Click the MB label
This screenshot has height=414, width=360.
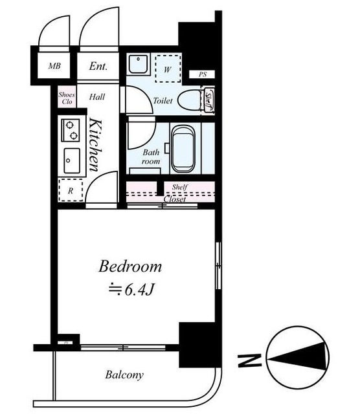point(54,66)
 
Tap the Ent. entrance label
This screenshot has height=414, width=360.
point(98,66)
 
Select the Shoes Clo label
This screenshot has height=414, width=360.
point(67,98)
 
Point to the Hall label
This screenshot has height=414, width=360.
point(97,97)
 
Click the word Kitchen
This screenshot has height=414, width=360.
point(95,145)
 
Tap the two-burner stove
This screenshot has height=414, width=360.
point(71,130)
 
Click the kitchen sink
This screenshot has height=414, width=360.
point(72,161)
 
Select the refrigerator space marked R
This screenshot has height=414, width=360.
point(71,190)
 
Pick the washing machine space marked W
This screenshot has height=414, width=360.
point(168,69)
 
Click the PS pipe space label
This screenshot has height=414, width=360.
point(203,74)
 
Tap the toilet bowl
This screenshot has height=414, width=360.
point(191,100)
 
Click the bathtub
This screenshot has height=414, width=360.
point(183,149)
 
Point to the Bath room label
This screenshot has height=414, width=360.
point(151,157)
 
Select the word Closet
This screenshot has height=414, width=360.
point(175,199)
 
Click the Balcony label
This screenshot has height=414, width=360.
point(124,375)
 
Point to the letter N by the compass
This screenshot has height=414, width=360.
point(250,360)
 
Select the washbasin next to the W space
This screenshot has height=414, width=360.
point(138,64)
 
